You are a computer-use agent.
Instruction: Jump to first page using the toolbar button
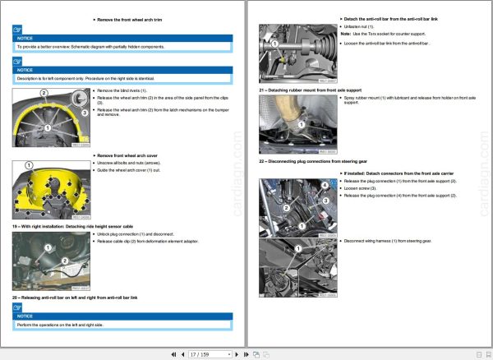[x=173, y=353]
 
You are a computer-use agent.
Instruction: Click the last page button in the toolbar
[x=246, y=353]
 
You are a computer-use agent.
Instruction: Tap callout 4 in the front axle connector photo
[x=325, y=186]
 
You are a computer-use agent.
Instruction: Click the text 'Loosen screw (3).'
[x=362, y=188]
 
